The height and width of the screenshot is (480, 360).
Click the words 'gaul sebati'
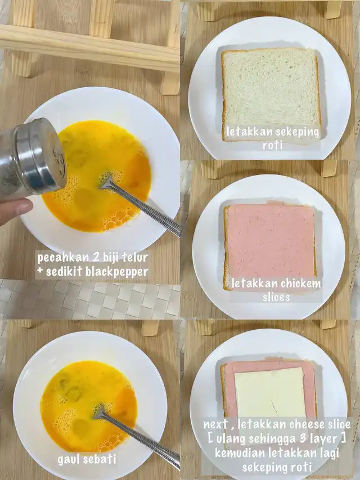pyautogui.click(x=87, y=460)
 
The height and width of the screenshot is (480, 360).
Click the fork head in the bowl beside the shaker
pyautogui.click(x=107, y=182)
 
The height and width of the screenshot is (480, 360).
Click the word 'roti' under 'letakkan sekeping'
pyautogui.click(x=272, y=145)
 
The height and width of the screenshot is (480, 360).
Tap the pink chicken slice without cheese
pyautogui.click(x=270, y=242)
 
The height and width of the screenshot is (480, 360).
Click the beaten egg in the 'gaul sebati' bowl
pyautogui.click(x=89, y=406)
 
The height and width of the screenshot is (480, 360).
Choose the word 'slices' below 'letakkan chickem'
pyautogui.click(x=276, y=297)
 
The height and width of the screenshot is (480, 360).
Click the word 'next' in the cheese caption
pyautogui.click(x=216, y=425)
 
